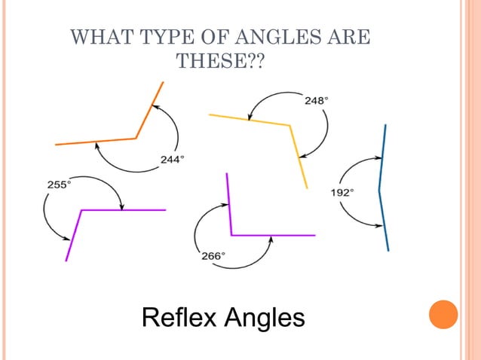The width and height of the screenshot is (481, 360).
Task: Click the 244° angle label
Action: coord(172,159)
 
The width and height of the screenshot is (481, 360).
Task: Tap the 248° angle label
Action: coord(315,99)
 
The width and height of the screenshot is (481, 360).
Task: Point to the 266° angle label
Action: coord(212,256)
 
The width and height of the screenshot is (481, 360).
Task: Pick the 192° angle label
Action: coord(342,193)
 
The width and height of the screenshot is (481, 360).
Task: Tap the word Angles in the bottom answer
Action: coord(267,317)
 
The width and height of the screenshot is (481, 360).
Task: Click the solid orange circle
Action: coord(443,315)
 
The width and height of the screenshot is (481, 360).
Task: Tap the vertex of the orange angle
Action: coord(136,138)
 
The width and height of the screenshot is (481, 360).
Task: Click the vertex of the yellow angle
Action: coord(290,125)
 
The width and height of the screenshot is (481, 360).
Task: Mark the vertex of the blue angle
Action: coord(379,189)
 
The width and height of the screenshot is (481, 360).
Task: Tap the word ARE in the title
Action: coord(352,37)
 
